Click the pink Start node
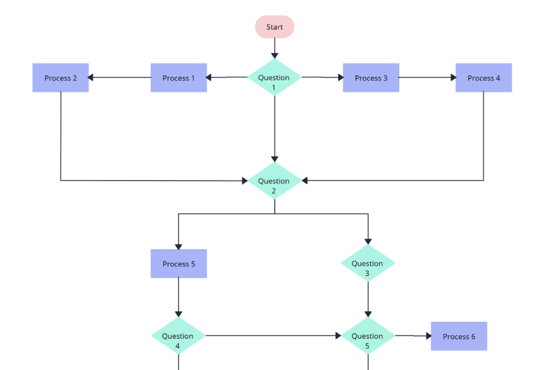(274, 27)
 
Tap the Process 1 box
(178, 78)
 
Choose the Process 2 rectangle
(60, 78)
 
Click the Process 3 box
(371, 78)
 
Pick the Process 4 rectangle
(483, 78)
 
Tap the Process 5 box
(178, 264)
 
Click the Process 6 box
(459, 336)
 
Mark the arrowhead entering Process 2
(91, 78)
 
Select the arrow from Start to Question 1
(274, 48)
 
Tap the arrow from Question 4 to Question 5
(271, 336)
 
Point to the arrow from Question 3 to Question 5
(368, 298)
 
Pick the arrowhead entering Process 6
(428, 336)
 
